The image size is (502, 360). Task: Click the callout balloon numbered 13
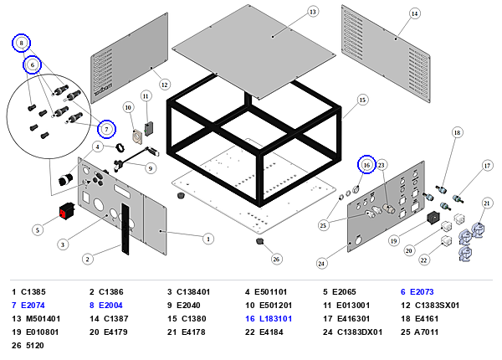312,12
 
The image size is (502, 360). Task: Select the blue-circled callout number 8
22,43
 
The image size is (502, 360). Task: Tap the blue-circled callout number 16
366,165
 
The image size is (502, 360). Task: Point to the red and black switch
67,211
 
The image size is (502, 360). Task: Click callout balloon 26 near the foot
276,259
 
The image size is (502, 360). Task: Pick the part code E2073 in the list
422,292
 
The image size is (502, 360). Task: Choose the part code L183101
275,319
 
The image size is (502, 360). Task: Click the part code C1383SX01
437,306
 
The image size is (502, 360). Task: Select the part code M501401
41,319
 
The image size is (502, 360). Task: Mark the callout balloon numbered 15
362,100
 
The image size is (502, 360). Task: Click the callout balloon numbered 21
487,203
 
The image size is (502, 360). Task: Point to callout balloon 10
128,108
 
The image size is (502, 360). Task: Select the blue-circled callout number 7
106,129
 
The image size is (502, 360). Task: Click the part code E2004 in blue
110,306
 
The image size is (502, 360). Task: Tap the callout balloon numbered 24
321,263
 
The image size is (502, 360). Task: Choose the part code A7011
426,332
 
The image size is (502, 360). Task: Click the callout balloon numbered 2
87,259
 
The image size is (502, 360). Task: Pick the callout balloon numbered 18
457,132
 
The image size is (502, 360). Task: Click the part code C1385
33,292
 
